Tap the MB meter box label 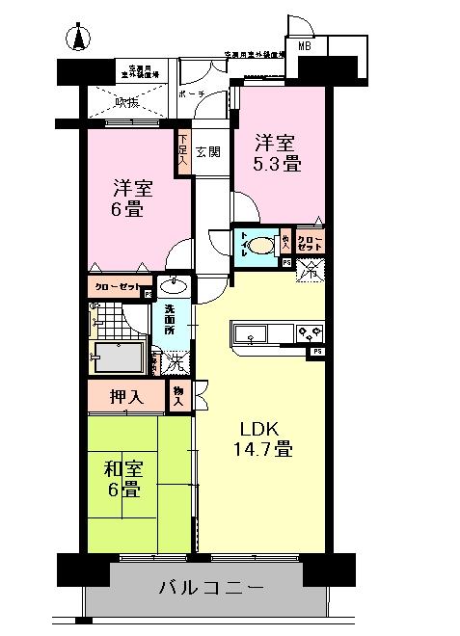[x=304, y=45]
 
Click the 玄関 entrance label [x=207, y=151]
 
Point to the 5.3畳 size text [x=277, y=164]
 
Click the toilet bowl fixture [x=259, y=247]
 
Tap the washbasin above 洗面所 [x=175, y=285]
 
